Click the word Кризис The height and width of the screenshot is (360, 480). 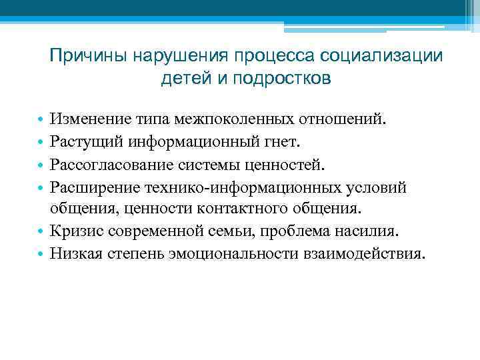click(75, 231)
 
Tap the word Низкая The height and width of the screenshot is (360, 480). click(75, 254)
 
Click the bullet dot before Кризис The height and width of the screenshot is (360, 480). click(41, 232)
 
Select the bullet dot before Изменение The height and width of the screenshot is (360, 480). click(41, 120)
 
